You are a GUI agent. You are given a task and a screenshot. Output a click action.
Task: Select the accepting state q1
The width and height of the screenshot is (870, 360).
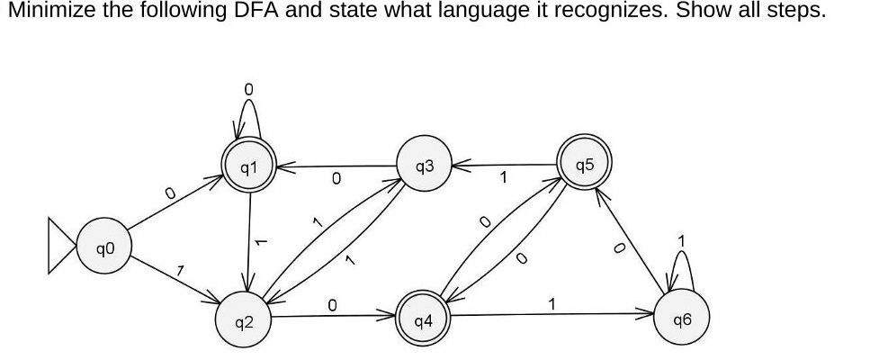point(249,166)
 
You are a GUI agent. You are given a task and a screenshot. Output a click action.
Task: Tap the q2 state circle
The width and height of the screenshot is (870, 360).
point(246,319)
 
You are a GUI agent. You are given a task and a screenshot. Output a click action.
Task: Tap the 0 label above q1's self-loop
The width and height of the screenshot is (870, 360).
point(249,88)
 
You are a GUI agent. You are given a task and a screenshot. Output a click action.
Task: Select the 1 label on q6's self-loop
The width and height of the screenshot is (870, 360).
point(682,240)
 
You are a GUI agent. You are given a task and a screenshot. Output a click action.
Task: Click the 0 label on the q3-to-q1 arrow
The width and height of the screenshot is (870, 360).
point(336,180)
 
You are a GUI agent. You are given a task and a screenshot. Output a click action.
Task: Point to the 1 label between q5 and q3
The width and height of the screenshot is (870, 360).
point(505,178)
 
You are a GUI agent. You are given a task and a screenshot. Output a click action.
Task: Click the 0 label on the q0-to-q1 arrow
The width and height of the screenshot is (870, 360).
point(167,192)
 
